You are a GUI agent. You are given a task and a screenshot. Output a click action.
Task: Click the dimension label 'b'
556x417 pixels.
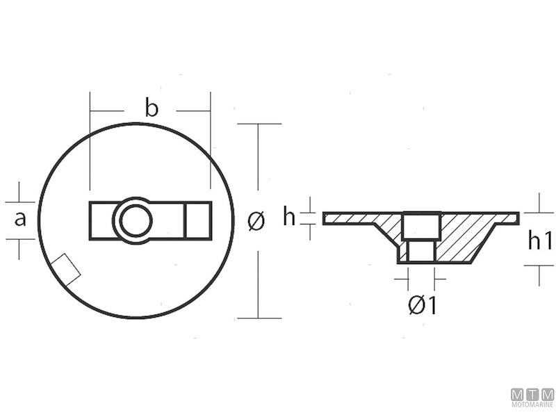152,108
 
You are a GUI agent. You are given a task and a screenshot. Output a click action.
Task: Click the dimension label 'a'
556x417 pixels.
20,219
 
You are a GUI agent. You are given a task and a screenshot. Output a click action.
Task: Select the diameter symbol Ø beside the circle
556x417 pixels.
256,221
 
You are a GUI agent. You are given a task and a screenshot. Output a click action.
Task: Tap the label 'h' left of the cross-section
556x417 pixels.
289,217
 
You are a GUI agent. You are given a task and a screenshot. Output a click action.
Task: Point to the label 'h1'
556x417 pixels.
540,240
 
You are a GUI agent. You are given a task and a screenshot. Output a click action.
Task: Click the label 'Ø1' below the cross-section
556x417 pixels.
422,304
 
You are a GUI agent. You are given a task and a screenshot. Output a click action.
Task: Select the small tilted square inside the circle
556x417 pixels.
67,269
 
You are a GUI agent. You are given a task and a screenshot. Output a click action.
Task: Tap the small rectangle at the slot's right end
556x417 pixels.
197,221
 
